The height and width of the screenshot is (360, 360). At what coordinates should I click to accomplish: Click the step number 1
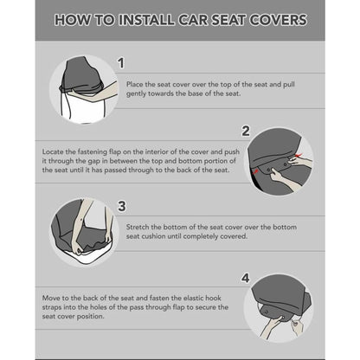point(121,63)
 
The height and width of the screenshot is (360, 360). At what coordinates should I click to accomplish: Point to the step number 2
point(245,132)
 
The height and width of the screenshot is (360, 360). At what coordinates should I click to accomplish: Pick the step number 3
point(121,206)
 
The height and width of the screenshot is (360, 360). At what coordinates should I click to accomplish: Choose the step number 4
point(245,278)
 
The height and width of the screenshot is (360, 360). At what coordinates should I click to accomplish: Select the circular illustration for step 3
point(82,231)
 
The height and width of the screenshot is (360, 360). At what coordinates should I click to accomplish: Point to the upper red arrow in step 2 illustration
point(298,154)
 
